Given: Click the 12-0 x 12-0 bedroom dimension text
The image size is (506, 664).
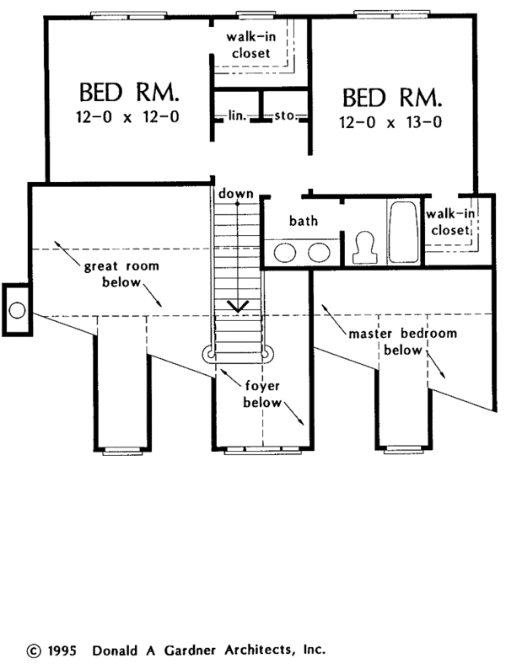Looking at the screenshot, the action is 127,116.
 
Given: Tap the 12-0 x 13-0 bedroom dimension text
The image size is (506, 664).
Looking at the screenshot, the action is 390,122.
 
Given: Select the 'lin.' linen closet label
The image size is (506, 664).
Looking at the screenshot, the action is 237,115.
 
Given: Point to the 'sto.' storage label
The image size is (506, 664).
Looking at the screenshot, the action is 285,115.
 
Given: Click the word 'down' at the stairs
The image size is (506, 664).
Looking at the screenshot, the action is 236,194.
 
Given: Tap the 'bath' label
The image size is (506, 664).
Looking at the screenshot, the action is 304,220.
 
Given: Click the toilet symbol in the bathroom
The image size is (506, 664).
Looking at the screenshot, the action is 364,247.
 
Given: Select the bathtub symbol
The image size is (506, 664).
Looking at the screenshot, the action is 404,232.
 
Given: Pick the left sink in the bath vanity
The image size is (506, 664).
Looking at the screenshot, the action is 285,253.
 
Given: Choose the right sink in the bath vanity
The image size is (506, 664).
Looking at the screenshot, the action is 319,253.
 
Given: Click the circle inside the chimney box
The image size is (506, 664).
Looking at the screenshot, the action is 18,310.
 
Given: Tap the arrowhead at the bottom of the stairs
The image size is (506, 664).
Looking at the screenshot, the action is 238,306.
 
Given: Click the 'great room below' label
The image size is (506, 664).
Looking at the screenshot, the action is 121,274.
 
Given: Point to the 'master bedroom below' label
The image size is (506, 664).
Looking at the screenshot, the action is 402,342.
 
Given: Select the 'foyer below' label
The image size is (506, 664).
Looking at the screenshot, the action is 262,394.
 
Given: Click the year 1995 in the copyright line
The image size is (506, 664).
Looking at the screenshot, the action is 62,651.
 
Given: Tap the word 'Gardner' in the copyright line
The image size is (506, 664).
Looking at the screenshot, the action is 190,650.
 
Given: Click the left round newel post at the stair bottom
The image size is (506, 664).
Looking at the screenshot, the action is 209,354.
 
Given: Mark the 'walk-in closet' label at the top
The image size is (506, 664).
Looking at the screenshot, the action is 250,45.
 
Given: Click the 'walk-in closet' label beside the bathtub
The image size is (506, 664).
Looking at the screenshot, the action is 450,222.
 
